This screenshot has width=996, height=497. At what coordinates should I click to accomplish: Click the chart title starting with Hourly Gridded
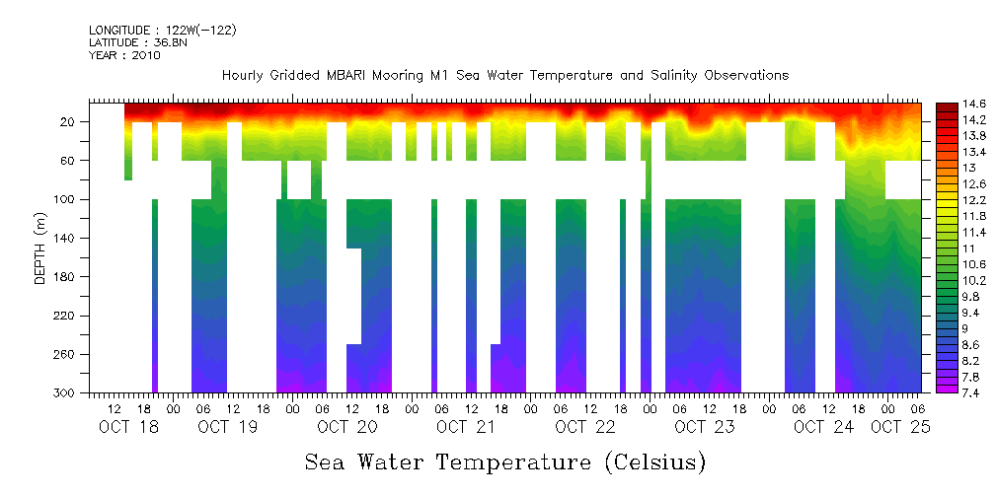505,76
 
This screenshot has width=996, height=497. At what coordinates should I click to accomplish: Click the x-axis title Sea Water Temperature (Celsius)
505,461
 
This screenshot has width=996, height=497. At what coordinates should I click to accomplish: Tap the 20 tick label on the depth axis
69,121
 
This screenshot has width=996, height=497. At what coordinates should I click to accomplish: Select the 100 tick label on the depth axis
66,199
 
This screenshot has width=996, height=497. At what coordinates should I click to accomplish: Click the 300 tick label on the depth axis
66,393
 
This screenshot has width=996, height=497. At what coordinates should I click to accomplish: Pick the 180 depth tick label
66,277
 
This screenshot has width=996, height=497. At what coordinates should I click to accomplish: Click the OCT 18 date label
129,427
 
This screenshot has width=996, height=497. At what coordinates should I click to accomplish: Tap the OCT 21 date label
466,427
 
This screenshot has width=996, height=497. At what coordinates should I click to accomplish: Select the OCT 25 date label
899,427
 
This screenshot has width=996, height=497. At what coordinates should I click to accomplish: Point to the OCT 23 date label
704,427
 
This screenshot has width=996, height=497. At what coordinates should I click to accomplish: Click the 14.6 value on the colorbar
949,104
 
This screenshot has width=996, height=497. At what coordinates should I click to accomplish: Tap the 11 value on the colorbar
944,248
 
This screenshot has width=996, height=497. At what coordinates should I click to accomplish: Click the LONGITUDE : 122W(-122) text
163,31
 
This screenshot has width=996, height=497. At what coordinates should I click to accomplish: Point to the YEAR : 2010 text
124,55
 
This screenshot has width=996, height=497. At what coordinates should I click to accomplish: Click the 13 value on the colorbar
944,168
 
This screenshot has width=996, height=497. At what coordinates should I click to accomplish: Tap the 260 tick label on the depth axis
66,355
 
